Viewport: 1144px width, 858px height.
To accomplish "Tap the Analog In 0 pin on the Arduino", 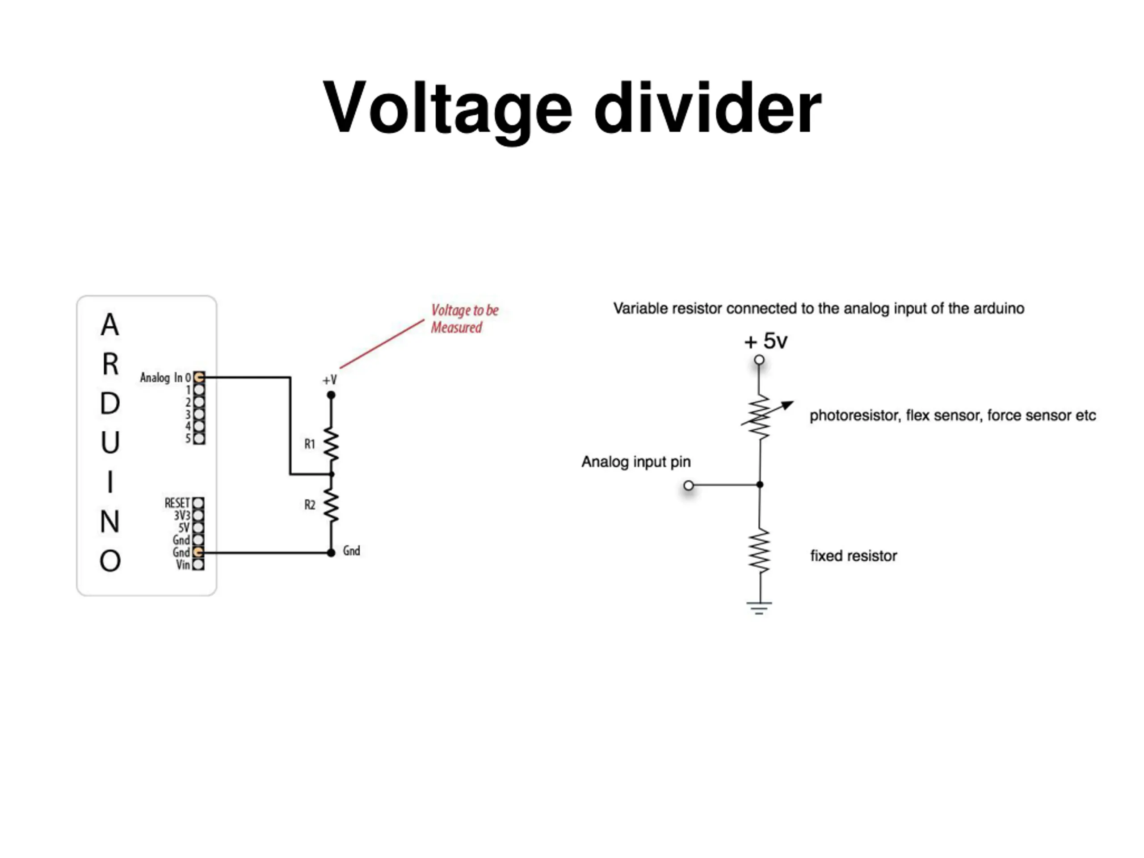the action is pos(198,378).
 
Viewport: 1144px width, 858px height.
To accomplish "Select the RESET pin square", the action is pos(198,503).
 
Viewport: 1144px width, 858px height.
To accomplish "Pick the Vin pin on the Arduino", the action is pos(198,565).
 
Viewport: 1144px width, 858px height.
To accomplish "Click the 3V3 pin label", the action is pos(182,516).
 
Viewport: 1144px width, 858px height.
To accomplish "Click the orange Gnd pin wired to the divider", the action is pos(198,552).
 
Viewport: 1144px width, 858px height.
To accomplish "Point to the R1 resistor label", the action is pos(310,444).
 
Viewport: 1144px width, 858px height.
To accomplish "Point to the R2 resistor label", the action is pos(310,505).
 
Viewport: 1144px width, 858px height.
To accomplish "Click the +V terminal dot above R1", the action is pos(331,395).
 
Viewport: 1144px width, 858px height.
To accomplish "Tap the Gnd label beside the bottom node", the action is pos(352,551).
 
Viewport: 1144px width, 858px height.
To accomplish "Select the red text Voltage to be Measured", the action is pos(464,319).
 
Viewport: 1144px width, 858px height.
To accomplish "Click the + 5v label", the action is pos(765,341).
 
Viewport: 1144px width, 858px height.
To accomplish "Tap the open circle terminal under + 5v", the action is pos(759,360).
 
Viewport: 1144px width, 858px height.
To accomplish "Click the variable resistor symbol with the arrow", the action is pos(763,417).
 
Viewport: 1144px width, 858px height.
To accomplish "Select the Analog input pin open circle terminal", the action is pos(688,485).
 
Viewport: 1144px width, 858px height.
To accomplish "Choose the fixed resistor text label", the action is pos(854,556).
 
